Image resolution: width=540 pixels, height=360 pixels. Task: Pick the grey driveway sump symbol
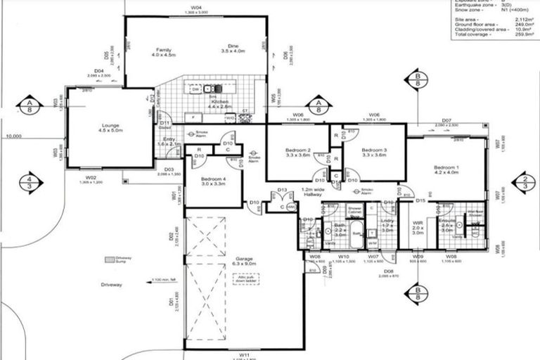[x=109, y=259]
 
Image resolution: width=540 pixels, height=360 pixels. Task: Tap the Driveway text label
[x=111, y=285]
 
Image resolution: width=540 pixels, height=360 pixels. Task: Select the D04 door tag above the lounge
[x=99, y=72]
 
